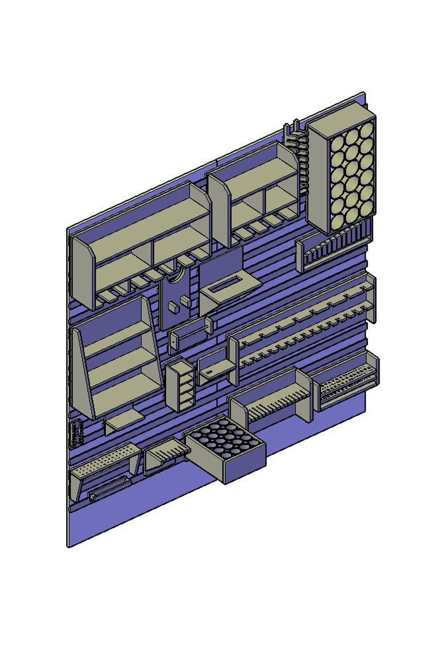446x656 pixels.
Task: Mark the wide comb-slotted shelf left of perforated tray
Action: coord(273,400)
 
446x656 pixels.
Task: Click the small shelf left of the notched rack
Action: coord(215,369)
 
